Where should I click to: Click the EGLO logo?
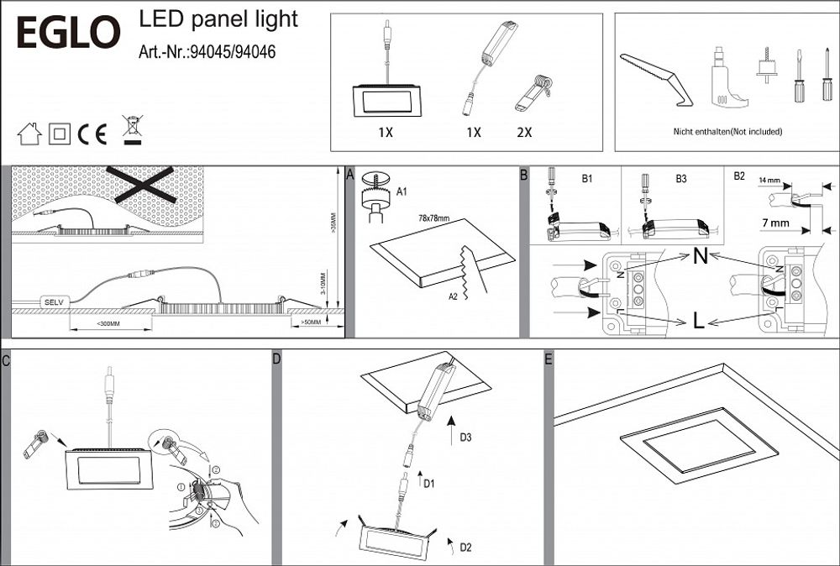click(x=69, y=33)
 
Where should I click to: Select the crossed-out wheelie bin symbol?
click(x=131, y=129)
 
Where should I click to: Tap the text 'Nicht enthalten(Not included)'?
click(x=727, y=132)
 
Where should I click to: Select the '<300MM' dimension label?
click(x=109, y=323)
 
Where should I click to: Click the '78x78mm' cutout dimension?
click(x=433, y=218)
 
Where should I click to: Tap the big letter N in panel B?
click(x=699, y=257)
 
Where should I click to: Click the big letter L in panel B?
click(x=698, y=319)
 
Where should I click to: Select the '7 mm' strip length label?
click(x=774, y=223)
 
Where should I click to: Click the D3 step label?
click(x=467, y=438)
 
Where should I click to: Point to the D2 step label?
click(x=465, y=548)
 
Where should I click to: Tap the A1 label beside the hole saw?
click(x=402, y=192)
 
